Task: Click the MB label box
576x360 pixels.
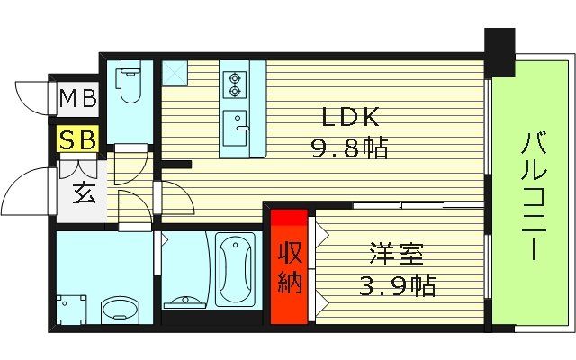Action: tap(77, 98)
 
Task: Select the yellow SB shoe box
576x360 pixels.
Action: tap(77, 139)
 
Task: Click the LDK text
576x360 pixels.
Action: tap(343, 117)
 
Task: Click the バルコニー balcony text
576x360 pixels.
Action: tap(532, 193)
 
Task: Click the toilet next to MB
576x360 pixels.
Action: tap(130, 91)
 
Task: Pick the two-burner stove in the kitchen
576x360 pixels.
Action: tap(236, 83)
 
